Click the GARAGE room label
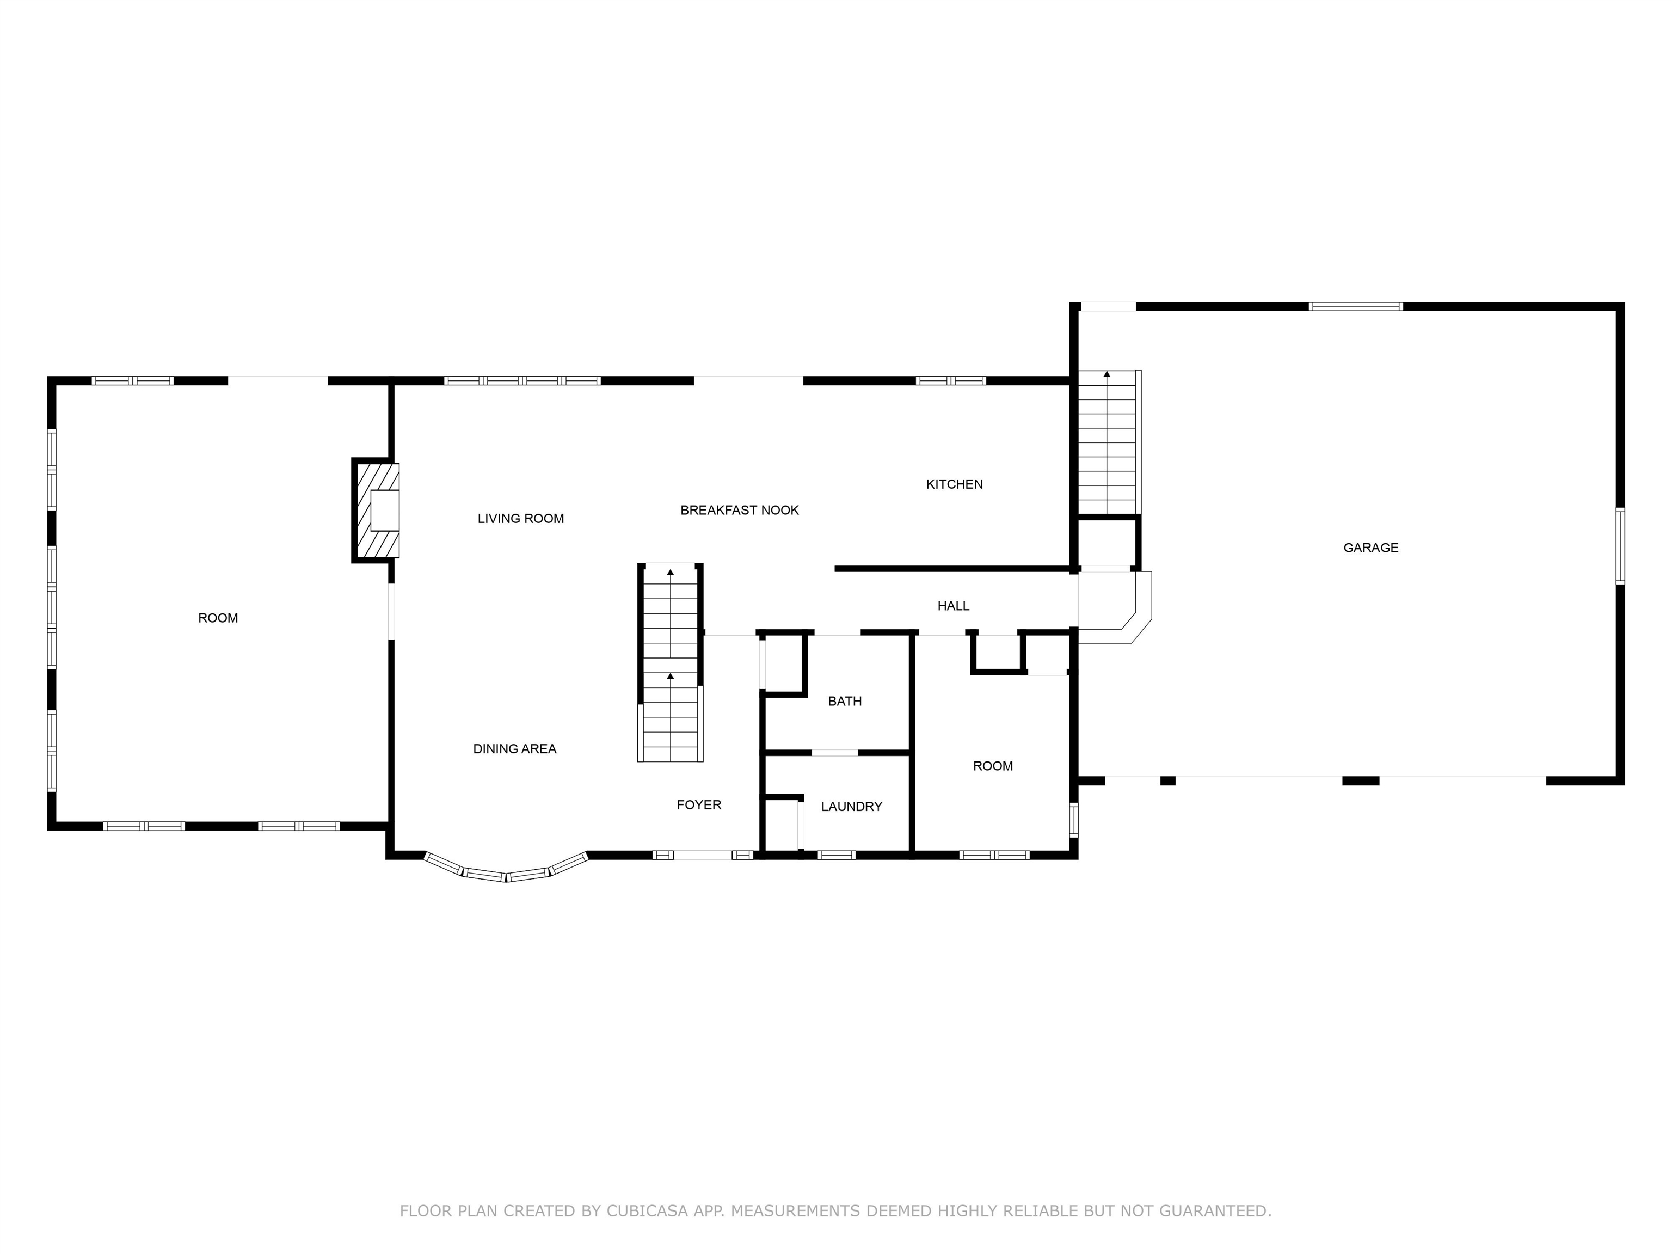pyautogui.click(x=1370, y=548)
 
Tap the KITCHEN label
pyautogui.click(x=955, y=484)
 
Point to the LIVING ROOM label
pyautogui.click(x=521, y=519)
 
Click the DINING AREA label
pyautogui.click(x=515, y=749)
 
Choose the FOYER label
pyautogui.click(x=699, y=805)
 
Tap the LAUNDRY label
pyautogui.click(x=852, y=807)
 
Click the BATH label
pyautogui.click(x=845, y=702)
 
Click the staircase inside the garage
pyautogui.click(x=1108, y=443)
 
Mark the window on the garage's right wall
pyautogui.click(x=1620, y=546)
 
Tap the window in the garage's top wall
pyautogui.click(x=1356, y=306)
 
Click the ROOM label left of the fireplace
pyautogui.click(x=218, y=618)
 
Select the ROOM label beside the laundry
pyautogui.click(x=992, y=766)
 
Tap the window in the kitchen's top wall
pyautogui.click(x=951, y=381)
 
